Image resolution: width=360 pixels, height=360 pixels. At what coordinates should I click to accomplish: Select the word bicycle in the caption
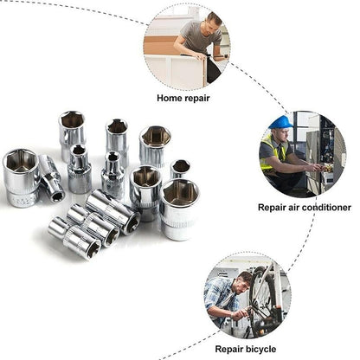click(259, 349)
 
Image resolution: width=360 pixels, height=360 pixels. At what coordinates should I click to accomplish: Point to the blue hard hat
click(280, 122)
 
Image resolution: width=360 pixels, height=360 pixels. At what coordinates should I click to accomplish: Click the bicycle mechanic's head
click(243, 280)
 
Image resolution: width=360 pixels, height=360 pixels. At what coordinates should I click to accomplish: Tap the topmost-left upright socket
click(71, 130)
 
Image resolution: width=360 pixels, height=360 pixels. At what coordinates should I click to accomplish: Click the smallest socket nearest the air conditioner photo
click(180, 168)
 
